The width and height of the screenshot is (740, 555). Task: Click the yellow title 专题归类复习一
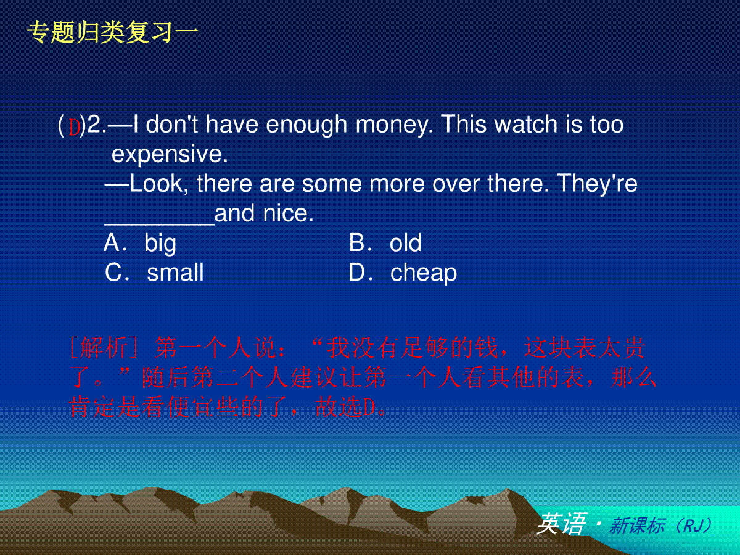[113, 32]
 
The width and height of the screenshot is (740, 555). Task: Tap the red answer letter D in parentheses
[74, 127]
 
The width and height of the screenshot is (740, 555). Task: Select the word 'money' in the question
[394, 125]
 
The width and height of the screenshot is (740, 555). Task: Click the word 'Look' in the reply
[156, 184]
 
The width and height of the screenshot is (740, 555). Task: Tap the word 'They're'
[597, 184]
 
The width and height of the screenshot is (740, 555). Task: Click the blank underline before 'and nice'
[160, 223]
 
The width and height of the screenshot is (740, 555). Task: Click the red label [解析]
[104, 347]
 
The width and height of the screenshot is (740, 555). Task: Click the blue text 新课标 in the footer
[637, 525]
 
